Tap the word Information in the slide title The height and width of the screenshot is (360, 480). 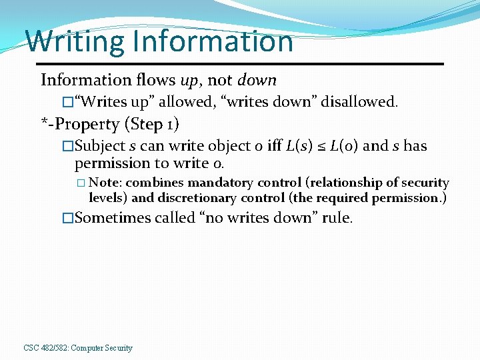pyautogui.click(x=213, y=41)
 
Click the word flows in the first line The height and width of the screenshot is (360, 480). pyautogui.click(x=156, y=81)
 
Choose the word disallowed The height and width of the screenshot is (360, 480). pyautogui.click(x=359, y=102)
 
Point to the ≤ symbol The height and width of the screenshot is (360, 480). pyautogui.click(x=321, y=147)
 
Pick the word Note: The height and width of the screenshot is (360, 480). pyautogui.click(x=105, y=183)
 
